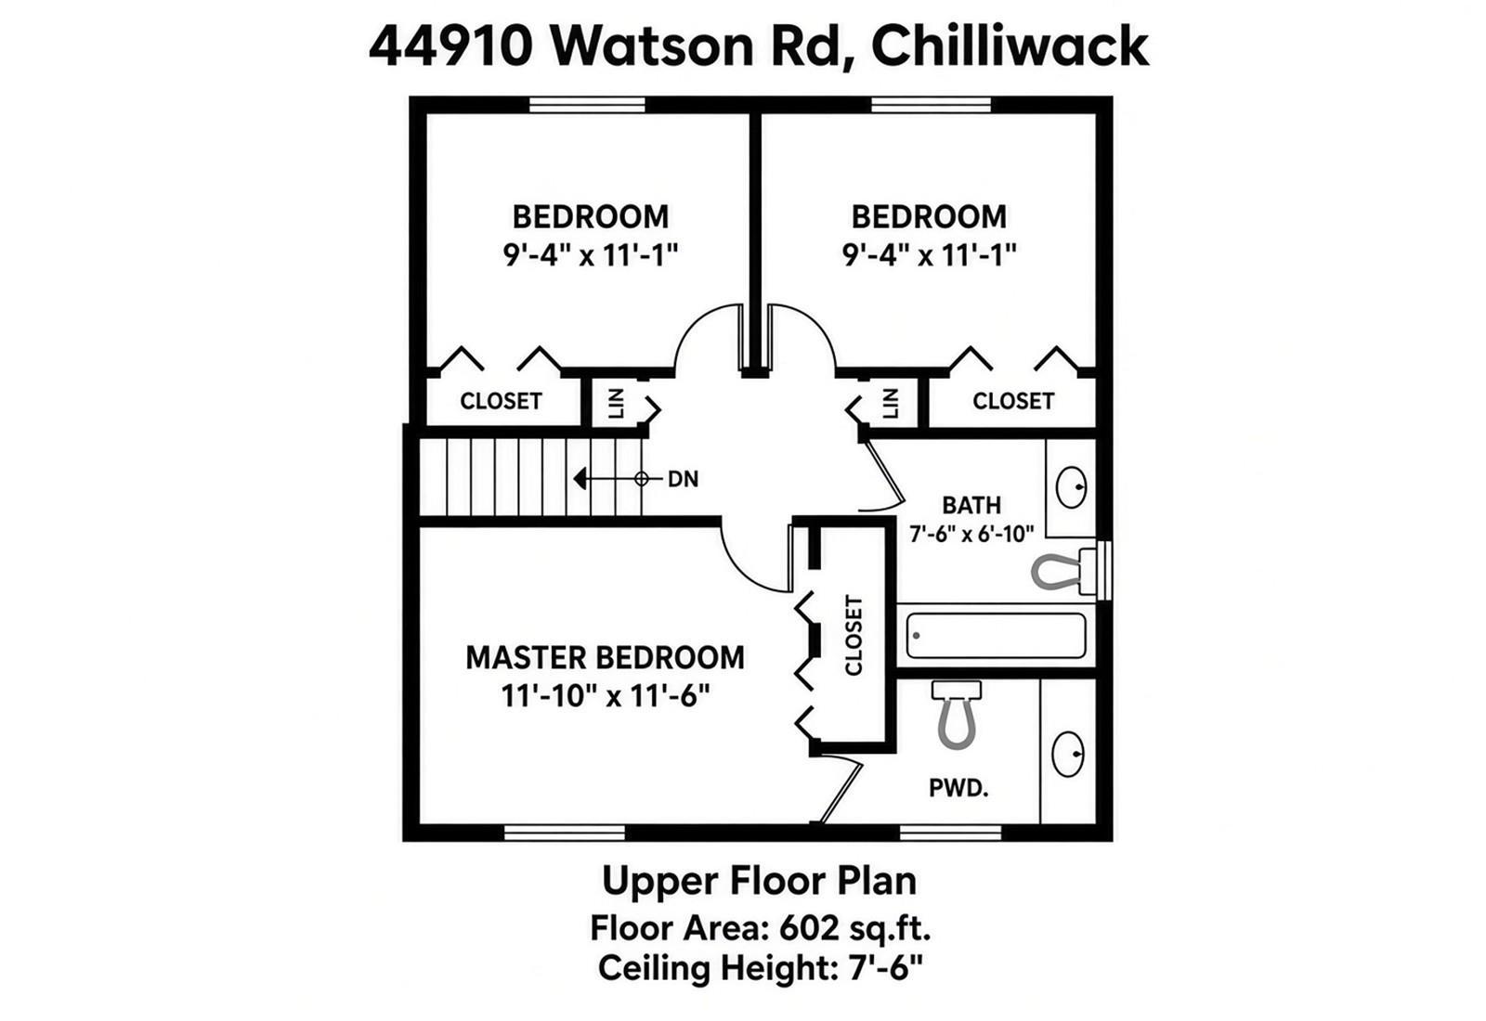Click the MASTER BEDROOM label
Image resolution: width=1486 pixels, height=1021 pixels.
(605, 658)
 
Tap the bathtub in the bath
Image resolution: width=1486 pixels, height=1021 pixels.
(996, 636)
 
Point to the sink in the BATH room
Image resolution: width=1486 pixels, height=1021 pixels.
(1071, 487)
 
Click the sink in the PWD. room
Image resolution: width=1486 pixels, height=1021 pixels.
(1068, 754)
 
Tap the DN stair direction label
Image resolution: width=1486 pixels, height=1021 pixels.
(684, 479)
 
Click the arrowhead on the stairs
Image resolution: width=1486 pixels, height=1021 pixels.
(580, 478)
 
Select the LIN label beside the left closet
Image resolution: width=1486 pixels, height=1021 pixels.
(617, 403)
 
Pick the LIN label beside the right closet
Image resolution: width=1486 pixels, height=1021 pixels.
(891, 403)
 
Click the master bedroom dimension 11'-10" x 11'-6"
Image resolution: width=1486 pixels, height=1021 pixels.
(605, 695)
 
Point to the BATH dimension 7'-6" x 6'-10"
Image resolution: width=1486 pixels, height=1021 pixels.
(971, 534)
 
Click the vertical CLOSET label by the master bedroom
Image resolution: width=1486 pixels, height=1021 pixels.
(854, 635)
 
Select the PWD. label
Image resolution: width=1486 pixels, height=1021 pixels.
(958, 788)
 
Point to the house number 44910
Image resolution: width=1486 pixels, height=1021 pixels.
(450, 46)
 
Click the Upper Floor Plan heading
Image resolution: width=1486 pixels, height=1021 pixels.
(759, 881)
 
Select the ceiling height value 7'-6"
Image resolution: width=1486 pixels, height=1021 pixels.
(885, 967)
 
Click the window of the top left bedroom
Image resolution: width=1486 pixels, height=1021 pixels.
(587, 105)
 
